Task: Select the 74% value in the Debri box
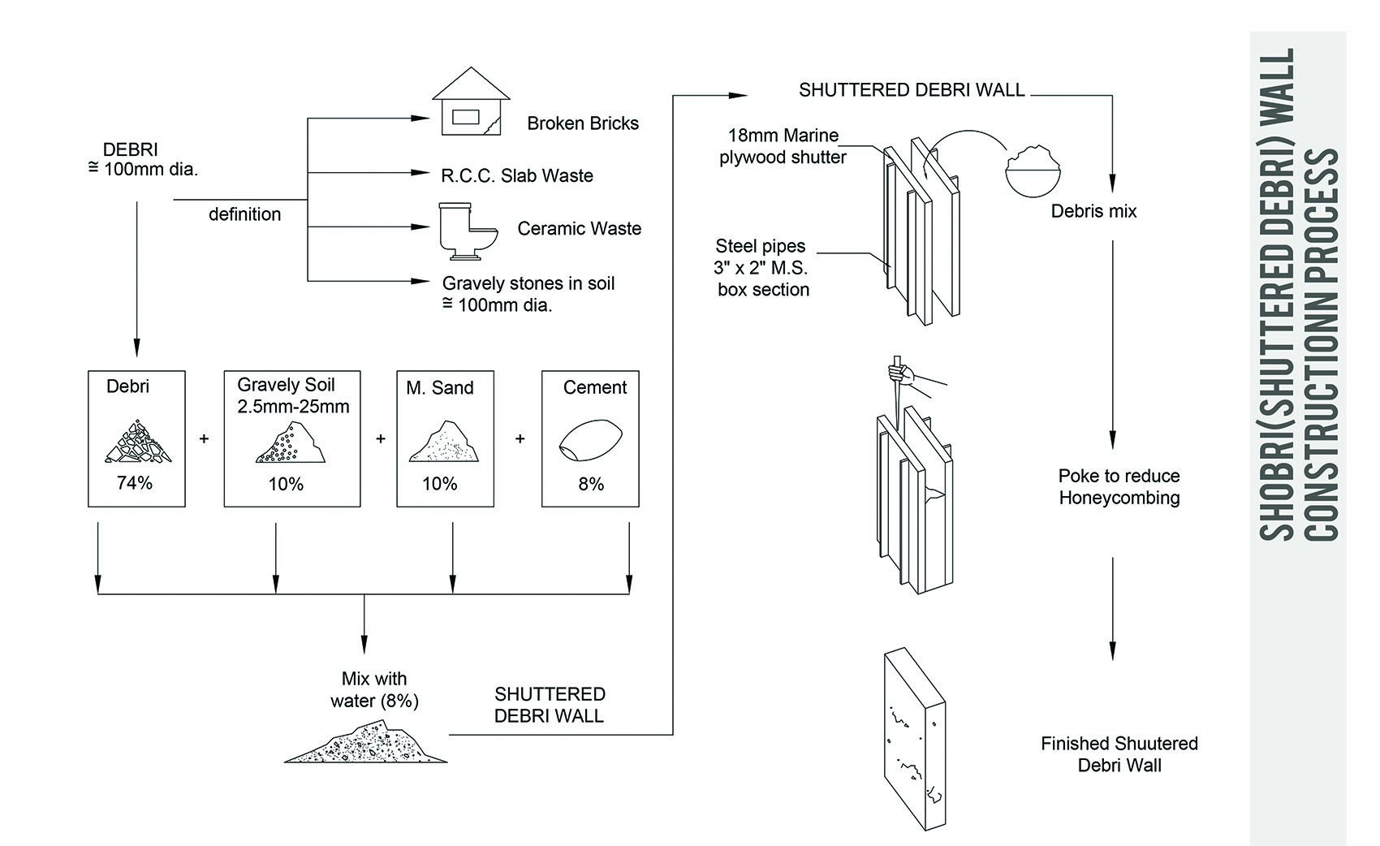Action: click(x=135, y=483)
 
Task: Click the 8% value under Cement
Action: click(x=591, y=484)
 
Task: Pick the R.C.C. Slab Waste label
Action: click(x=517, y=176)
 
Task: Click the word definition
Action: click(x=244, y=214)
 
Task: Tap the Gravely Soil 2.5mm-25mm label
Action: click(x=293, y=395)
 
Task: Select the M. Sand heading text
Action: click(x=439, y=388)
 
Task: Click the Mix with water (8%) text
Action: click(x=374, y=689)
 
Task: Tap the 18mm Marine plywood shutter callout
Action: click(x=783, y=147)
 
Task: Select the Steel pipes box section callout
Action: click(x=762, y=268)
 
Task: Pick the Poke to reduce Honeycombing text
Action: click(x=1119, y=487)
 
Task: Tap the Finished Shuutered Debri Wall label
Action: click(x=1119, y=754)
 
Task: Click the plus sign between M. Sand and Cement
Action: click(x=520, y=438)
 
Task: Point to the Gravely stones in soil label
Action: click(x=528, y=294)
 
